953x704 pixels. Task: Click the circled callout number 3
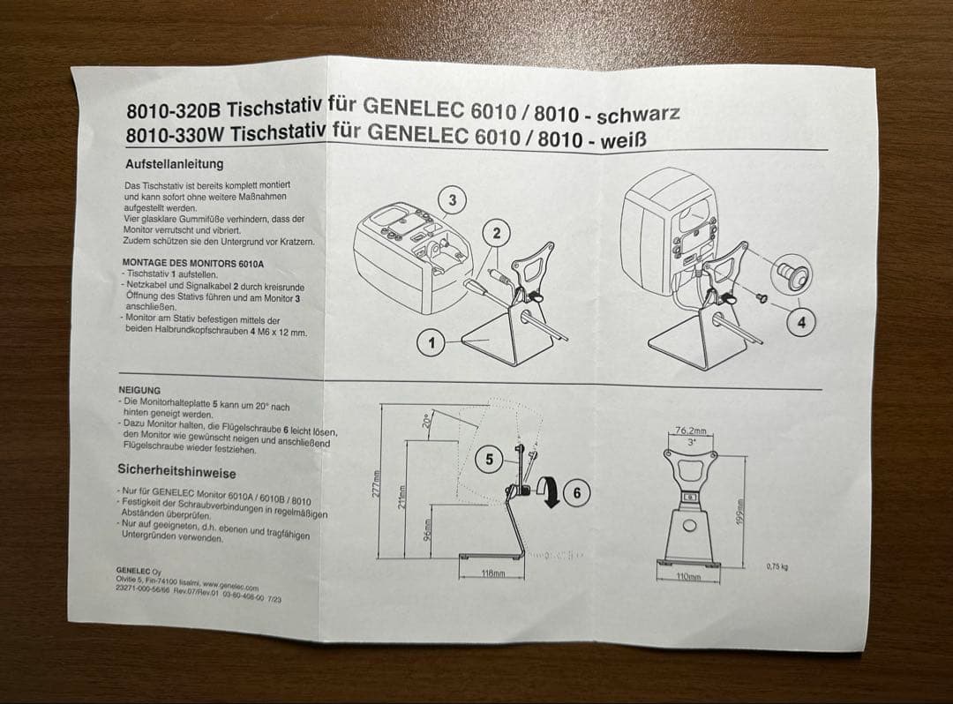453,200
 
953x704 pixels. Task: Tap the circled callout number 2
497,233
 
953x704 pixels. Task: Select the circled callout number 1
431,343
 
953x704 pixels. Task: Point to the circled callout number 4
801,323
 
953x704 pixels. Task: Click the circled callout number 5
490,459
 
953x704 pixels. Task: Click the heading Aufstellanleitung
174,164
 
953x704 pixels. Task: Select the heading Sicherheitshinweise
176,472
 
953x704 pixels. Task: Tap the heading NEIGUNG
139,389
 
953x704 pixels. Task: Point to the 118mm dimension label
492,573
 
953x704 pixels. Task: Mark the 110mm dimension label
687,576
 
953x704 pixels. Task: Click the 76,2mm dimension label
691,431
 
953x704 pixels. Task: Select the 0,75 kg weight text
777,566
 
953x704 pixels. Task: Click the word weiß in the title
630,140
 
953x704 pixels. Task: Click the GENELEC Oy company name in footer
139,570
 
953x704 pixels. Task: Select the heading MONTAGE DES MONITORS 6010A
193,263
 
